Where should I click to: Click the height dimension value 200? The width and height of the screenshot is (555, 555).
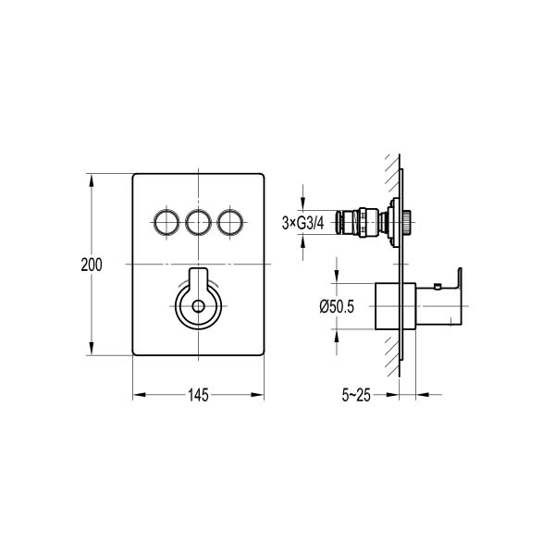[x=91, y=264]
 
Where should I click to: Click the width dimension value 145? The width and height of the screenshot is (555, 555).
[x=198, y=395]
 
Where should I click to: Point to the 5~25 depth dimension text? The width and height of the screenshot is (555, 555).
[x=356, y=395]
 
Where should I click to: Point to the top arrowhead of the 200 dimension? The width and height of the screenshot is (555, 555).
[x=91, y=179]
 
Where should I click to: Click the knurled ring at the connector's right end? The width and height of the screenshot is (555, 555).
[x=407, y=222]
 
